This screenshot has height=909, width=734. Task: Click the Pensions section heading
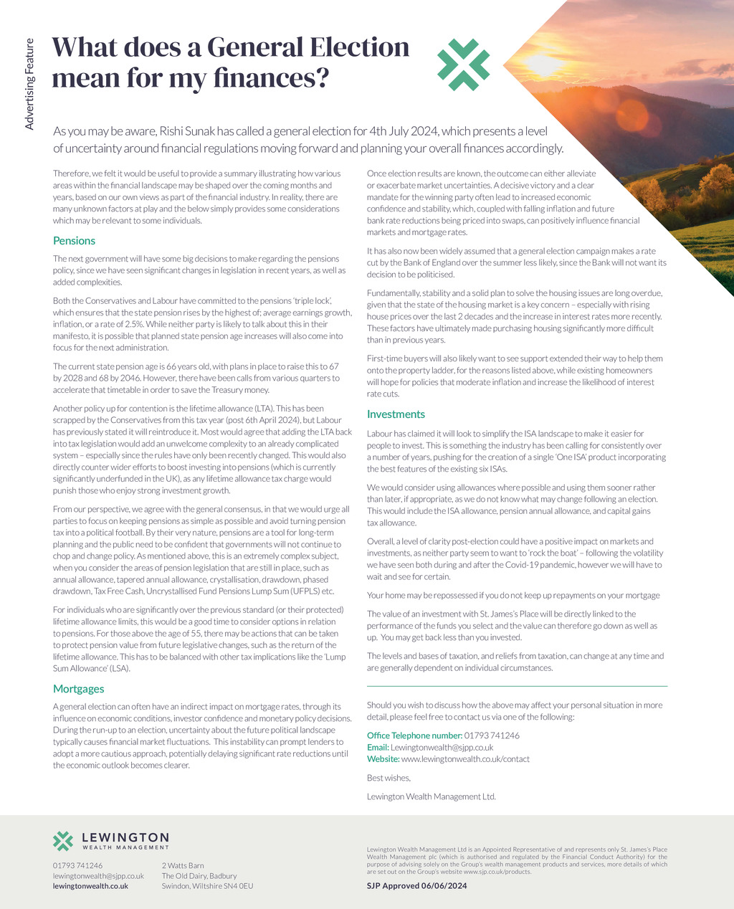coord(74,241)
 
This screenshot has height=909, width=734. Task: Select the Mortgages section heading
coord(79,689)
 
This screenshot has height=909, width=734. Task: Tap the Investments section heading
coord(396,414)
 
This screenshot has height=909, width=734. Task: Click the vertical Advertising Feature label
coord(29,84)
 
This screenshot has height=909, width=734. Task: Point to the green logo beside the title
coord(464,65)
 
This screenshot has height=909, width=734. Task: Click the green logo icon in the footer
coord(63,841)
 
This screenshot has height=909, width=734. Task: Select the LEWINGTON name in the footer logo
coord(125,837)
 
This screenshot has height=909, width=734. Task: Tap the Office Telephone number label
coord(414,736)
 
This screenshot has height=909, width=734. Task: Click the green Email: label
coord(378,747)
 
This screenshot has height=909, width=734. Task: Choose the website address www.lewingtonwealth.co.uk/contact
coord(465,758)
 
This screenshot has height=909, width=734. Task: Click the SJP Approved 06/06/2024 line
coord(416,886)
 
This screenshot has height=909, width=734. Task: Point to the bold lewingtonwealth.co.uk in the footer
coord(90,886)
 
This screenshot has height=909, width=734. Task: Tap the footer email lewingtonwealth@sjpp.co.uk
coord(98,876)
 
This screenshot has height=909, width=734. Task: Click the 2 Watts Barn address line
coord(183,866)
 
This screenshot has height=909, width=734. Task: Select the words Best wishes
coord(389,778)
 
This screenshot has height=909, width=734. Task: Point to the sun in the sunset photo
coord(545,65)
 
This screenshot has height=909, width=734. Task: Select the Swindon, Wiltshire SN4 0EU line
coord(207,886)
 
